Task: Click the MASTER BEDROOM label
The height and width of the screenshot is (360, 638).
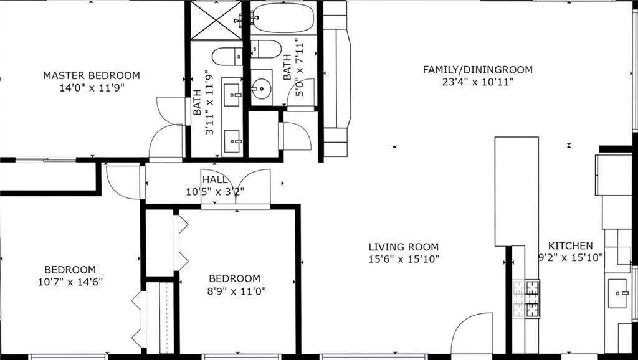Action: tap(92, 75)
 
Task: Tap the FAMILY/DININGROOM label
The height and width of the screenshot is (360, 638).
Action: tap(478, 70)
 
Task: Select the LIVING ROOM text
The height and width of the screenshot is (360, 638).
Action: tap(404, 247)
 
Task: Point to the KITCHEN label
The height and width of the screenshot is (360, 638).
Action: tap(571, 245)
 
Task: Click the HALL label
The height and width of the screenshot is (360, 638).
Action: tap(215, 180)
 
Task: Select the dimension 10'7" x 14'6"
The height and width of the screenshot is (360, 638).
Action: tap(70, 282)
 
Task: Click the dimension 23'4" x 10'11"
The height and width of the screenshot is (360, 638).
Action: tap(478, 82)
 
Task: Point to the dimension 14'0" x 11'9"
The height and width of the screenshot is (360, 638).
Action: tap(92, 88)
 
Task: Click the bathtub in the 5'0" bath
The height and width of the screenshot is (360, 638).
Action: tap(283, 18)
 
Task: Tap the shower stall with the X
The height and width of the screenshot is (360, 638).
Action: tap(216, 21)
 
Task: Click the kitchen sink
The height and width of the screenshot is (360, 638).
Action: tap(617, 293)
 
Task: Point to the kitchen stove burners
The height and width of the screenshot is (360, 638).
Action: tap(526, 298)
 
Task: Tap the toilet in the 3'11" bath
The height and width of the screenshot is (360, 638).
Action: tap(227, 56)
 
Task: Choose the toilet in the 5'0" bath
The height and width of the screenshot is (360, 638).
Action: tap(265, 49)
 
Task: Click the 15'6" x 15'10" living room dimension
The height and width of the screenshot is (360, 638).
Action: tap(404, 259)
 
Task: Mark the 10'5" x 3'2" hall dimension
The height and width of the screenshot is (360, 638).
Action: tap(215, 192)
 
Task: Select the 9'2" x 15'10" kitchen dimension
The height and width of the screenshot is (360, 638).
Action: tap(571, 257)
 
